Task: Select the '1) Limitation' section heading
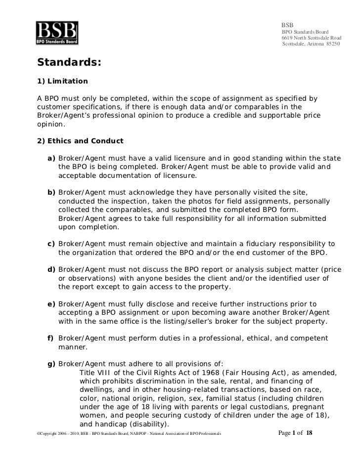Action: (x=63, y=81)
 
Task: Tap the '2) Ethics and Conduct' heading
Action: (x=81, y=141)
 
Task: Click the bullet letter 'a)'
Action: (x=51, y=158)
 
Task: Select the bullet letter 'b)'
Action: (x=51, y=192)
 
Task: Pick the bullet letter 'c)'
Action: (x=51, y=244)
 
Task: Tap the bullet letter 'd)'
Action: (x=51, y=269)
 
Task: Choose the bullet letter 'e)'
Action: (x=51, y=303)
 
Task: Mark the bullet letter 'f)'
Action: (x=51, y=338)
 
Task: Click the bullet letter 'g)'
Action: (x=51, y=364)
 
